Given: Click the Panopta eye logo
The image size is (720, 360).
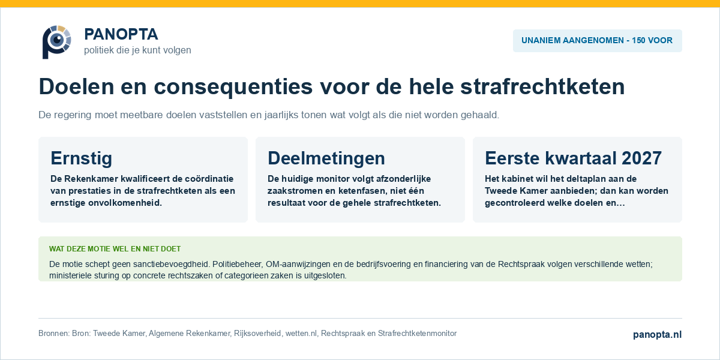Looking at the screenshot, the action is [x=57, y=42].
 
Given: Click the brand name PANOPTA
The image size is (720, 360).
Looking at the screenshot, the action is [x=121, y=34].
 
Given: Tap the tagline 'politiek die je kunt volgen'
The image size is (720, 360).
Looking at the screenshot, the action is [x=137, y=50].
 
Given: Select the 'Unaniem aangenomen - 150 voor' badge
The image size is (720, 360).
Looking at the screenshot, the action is [x=597, y=41].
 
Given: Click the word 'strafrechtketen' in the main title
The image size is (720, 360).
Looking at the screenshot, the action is [x=542, y=86].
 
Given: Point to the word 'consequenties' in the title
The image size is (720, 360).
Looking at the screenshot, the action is [x=233, y=87].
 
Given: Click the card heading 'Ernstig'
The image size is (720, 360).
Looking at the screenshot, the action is [x=82, y=158].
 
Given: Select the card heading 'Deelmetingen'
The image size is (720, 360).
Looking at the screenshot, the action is [x=326, y=158].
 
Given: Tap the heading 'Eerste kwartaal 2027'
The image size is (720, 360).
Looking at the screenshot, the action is [x=574, y=158].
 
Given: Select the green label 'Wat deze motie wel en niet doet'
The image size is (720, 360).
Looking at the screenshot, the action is [x=115, y=249].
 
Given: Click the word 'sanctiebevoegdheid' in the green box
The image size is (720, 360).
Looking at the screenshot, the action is [x=172, y=264].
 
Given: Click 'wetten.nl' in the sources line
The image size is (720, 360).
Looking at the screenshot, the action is [x=301, y=334].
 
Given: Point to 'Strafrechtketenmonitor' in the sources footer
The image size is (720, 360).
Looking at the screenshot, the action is [x=417, y=334].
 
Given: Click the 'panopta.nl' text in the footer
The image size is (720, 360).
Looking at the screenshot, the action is [x=658, y=335].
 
